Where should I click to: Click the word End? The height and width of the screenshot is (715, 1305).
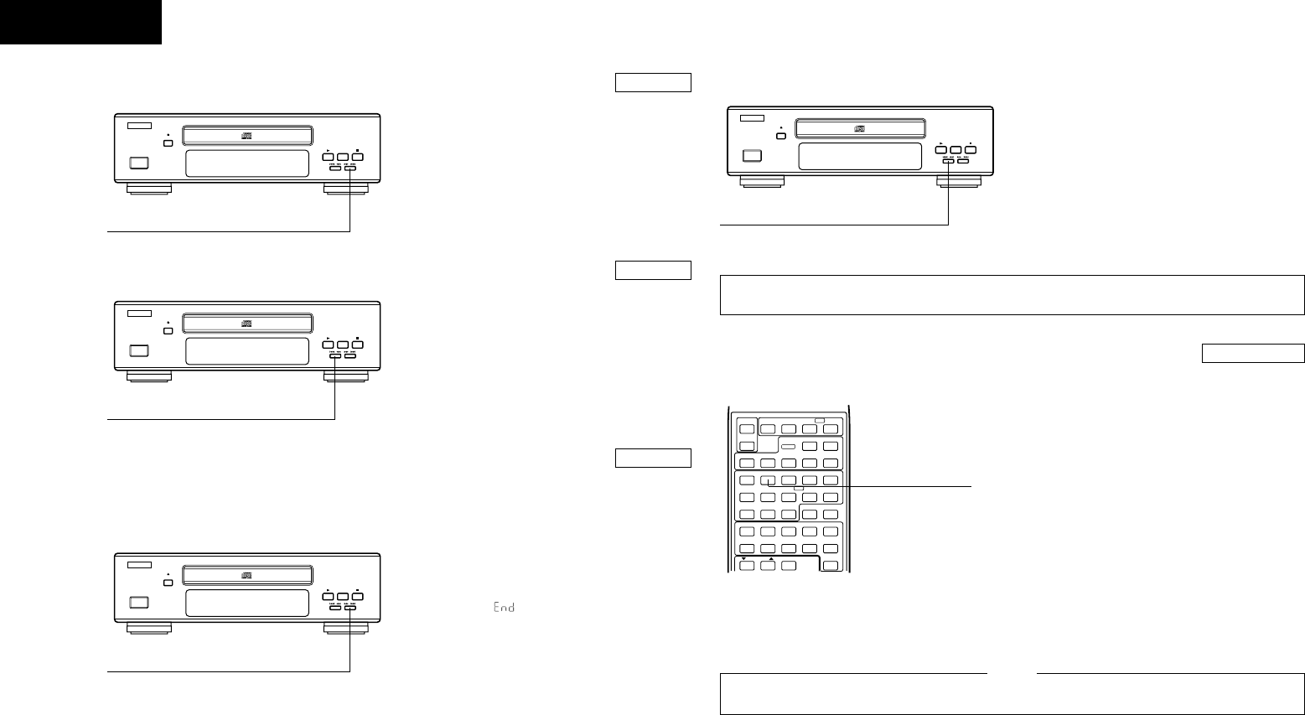pos(503,607)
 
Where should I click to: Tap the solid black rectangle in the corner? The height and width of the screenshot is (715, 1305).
pos(80,22)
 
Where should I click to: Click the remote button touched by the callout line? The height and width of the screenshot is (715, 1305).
pos(768,481)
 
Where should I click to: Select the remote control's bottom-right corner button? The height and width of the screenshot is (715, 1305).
pos(830,566)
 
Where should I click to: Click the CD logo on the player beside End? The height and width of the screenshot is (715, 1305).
pos(247,575)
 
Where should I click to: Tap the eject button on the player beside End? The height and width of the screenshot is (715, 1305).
pos(168,583)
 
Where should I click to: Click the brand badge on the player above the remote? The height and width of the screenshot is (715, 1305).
pos(753,118)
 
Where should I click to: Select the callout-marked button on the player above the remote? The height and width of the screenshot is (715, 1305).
pos(949,158)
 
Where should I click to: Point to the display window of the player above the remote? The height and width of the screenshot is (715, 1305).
pos(861,156)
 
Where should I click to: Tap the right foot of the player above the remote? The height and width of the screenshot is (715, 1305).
pos(958,180)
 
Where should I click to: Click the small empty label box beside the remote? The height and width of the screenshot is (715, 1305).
pos(653,458)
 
